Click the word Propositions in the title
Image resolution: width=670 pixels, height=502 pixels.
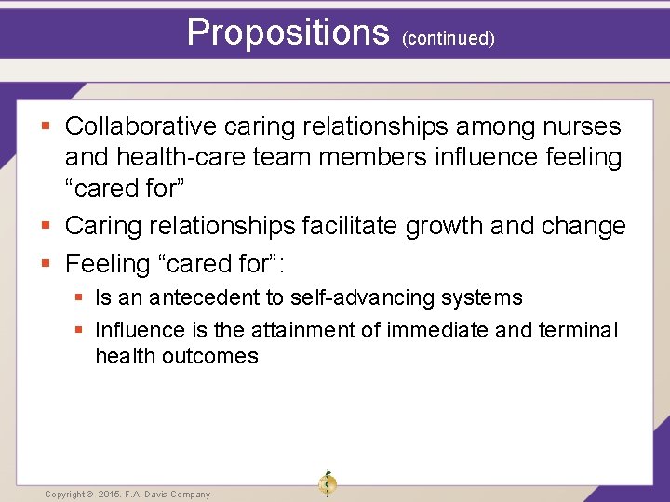(x=288, y=33)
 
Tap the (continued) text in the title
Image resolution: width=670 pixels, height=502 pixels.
(x=448, y=38)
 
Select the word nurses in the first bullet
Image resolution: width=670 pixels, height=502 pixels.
(x=578, y=126)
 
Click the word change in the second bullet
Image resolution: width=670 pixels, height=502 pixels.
(x=583, y=226)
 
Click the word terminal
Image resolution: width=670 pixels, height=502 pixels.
(x=577, y=330)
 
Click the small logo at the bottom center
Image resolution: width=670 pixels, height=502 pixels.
(x=327, y=483)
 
